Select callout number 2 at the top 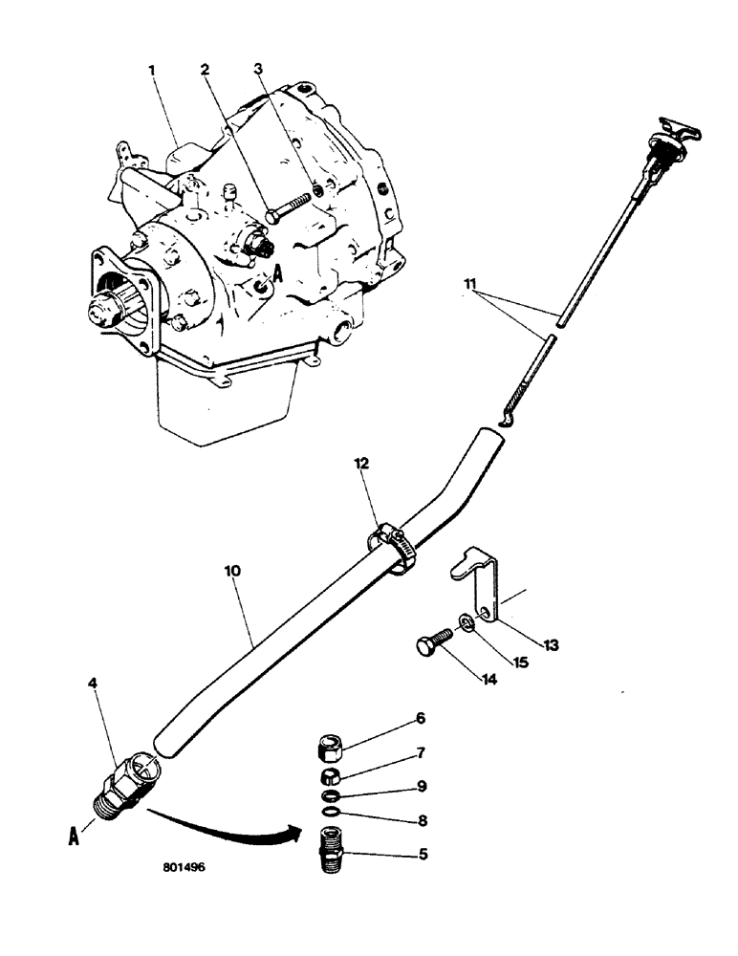coord(205,70)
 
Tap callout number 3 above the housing coord(257,70)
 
